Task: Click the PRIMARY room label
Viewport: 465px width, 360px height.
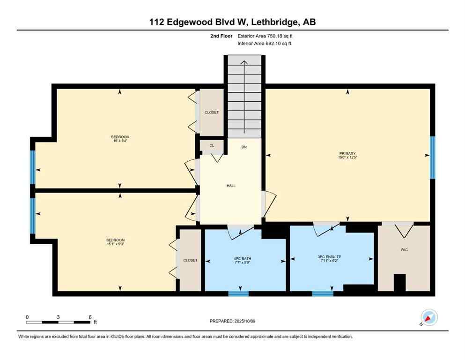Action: pos(347,153)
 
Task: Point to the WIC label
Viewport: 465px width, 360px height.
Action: pos(404,249)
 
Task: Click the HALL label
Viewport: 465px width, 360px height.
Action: pos(231,186)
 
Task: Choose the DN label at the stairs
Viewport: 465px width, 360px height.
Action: pos(244,147)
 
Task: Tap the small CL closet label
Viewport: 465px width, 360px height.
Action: pos(212,146)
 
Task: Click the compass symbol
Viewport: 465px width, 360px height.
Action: pos(428,317)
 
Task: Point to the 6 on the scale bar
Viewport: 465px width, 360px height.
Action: pos(89,317)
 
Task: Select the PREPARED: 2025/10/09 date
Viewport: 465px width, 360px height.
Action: pos(233,321)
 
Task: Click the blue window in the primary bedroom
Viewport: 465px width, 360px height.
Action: pos(432,157)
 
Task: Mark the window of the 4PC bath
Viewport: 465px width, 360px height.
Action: pos(238,294)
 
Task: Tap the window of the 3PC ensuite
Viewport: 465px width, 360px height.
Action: pos(323,294)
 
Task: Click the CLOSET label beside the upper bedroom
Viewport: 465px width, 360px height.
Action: pos(212,112)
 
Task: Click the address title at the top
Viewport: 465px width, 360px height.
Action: pos(233,22)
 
